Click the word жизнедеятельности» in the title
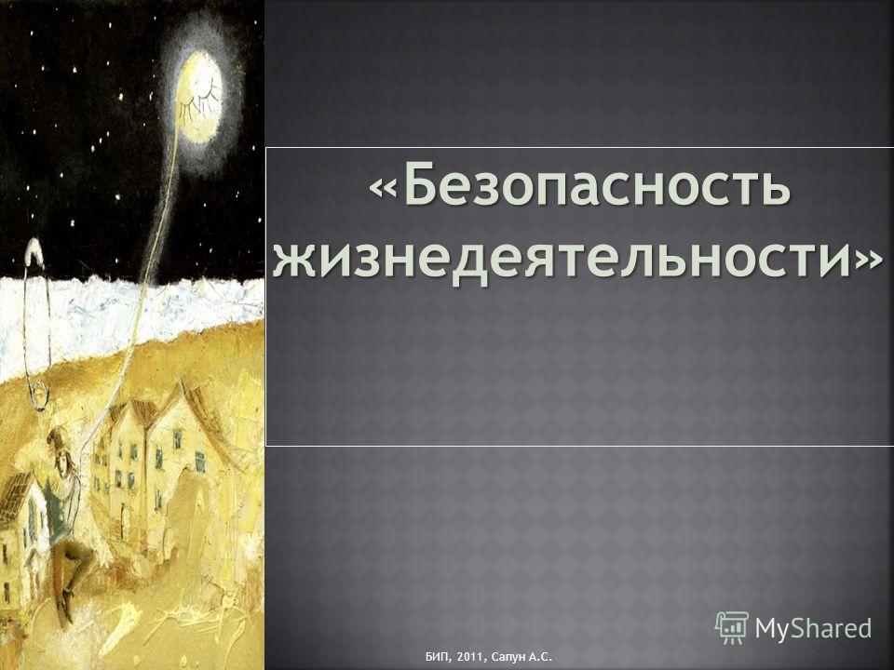(x=574, y=257)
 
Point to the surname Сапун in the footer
(x=507, y=658)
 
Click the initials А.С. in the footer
(x=541, y=657)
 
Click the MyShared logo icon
(x=732, y=628)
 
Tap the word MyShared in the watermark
(x=814, y=628)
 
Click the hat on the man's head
(x=57, y=438)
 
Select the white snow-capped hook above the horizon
(x=34, y=250)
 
